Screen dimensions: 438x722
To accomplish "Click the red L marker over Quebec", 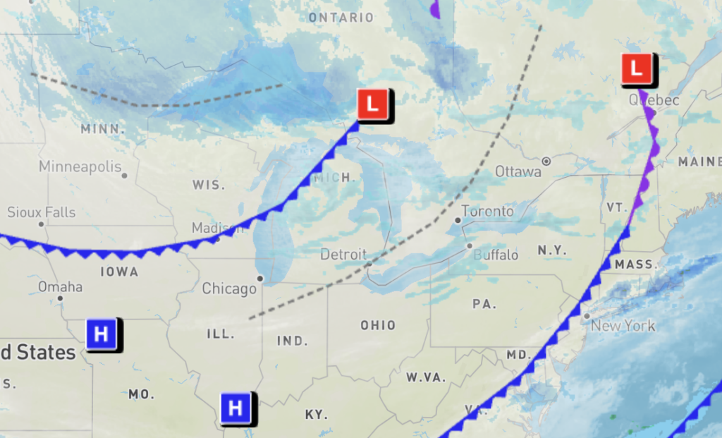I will pyautogui.click(x=637, y=69).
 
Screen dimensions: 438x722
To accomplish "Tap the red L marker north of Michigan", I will pyautogui.click(x=372, y=106).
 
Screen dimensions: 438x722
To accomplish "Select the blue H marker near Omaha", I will pyautogui.click(x=102, y=334).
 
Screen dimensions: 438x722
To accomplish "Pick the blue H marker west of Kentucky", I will pyautogui.click(x=235, y=408).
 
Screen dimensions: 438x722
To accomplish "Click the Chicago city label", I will pyautogui.click(x=229, y=288).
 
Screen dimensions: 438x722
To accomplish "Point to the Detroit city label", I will pyautogui.click(x=343, y=254).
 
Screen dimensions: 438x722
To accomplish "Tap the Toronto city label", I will pyautogui.click(x=487, y=212).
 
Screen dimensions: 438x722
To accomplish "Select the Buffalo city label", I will pyautogui.click(x=496, y=255).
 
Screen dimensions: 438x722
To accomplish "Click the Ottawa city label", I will pyautogui.click(x=518, y=171).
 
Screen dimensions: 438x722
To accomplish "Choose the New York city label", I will pyautogui.click(x=623, y=326).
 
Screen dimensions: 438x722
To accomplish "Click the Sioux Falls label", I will pyautogui.click(x=41, y=212).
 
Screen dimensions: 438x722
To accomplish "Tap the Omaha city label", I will pyautogui.click(x=60, y=287).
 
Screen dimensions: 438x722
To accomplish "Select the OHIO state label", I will pyautogui.click(x=378, y=326).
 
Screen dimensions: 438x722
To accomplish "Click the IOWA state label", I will pyautogui.click(x=119, y=272).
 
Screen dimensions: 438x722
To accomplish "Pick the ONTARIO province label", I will pyautogui.click(x=340, y=17).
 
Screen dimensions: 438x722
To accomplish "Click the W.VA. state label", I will pyautogui.click(x=426, y=377).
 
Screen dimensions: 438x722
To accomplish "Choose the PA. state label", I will pyautogui.click(x=484, y=305).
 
